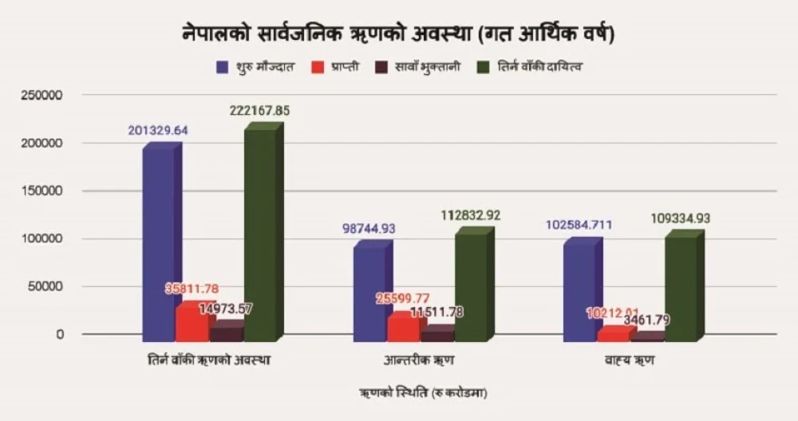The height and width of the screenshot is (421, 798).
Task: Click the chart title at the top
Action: [397, 35]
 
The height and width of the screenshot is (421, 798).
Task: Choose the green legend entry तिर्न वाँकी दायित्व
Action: [531, 67]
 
